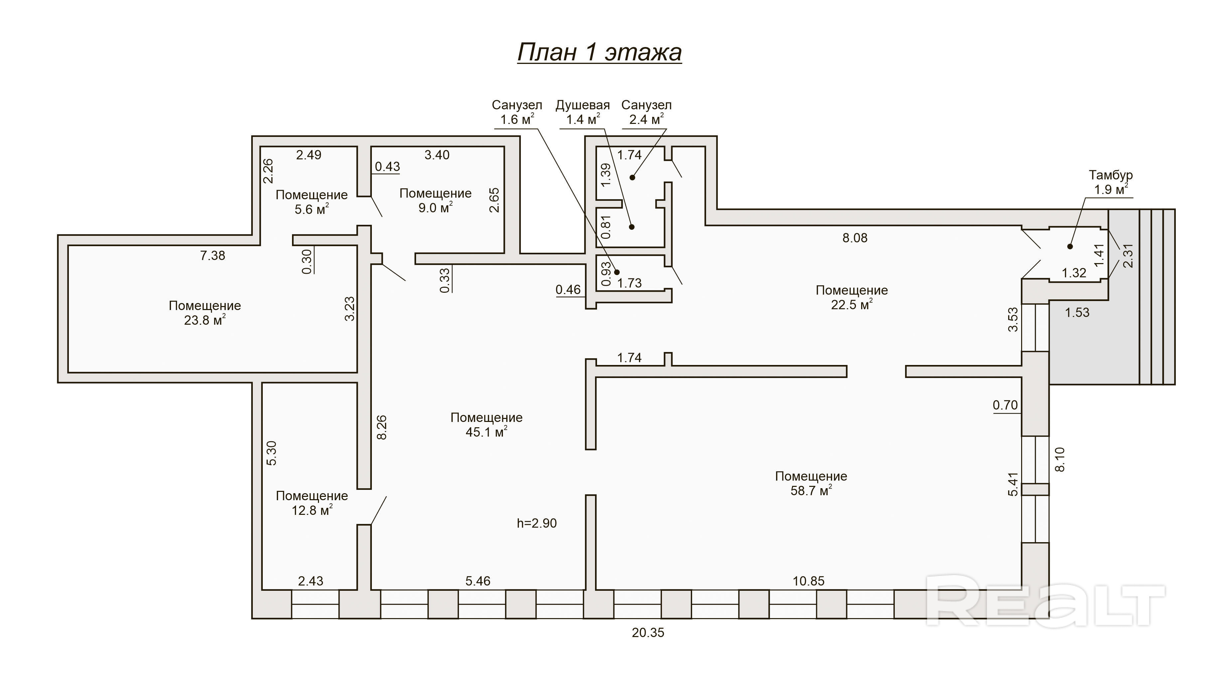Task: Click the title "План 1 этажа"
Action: click(x=599, y=52)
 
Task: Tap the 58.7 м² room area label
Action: click(x=811, y=483)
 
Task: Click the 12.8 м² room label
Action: click(x=311, y=503)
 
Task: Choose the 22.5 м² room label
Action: click(x=851, y=297)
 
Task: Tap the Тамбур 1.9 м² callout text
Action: click(x=1111, y=182)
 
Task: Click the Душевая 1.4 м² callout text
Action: click(x=582, y=112)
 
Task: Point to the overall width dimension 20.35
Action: click(x=648, y=633)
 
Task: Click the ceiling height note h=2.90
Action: click(x=537, y=523)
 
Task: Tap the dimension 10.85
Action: click(x=808, y=581)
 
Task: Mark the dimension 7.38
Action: click(x=213, y=256)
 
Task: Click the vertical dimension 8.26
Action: click(x=382, y=427)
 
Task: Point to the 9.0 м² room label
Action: click(x=435, y=200)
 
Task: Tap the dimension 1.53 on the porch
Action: click(x=1077, y=313)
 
